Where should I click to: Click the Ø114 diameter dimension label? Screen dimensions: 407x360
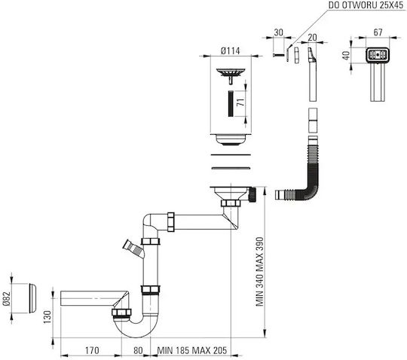pos(230,50)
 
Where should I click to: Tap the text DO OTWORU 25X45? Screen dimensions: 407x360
pos(366,5)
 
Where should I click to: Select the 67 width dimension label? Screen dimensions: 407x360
pos(378,32)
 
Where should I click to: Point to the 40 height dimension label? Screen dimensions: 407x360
pos(346,55)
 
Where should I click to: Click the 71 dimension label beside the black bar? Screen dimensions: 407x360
pos(241,102)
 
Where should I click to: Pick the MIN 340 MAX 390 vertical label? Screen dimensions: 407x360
pos(259,272)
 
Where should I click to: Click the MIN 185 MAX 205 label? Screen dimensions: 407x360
pos(192,350)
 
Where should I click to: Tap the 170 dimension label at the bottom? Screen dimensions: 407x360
pos(92,350)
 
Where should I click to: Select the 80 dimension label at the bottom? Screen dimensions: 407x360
pos(138,350)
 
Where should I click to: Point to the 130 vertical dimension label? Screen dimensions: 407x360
pos(47,317)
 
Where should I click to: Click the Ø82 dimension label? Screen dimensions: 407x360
pos(7,298)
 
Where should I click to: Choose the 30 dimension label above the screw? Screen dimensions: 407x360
pos(278,32)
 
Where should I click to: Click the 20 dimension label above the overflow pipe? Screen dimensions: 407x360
pos(312,38)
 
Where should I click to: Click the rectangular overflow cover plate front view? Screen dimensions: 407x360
pos(378,55)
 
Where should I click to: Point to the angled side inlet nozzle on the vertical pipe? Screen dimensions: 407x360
pos(133,249)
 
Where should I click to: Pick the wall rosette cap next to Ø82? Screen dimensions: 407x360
pos(32,298)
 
